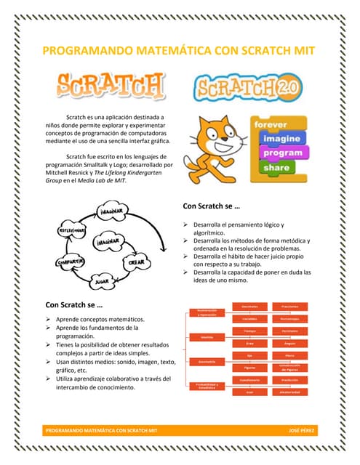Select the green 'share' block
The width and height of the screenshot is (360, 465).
[277, 167]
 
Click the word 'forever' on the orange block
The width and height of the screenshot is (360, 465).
[272, 124]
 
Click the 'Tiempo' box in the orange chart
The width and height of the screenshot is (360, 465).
[249, 331]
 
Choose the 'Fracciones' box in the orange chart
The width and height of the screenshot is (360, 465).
[295, 306]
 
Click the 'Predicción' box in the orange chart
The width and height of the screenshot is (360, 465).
[295, 380]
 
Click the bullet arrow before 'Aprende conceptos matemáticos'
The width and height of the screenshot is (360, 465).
[49, 319]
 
